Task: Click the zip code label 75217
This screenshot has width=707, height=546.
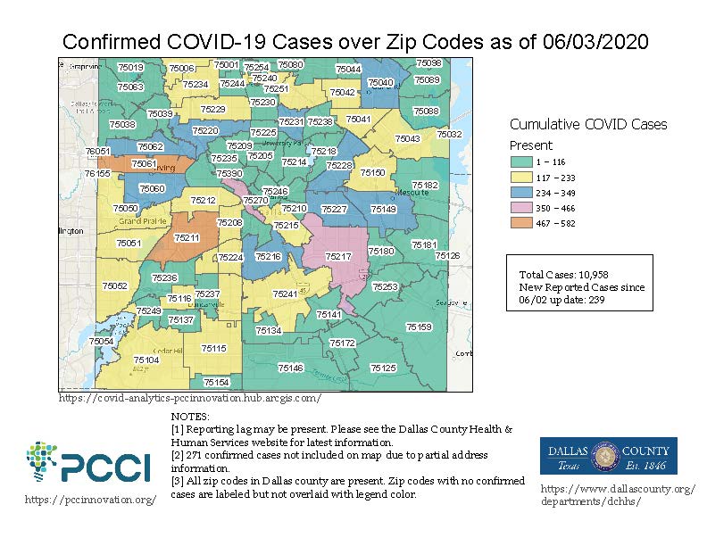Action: tap(338, 257)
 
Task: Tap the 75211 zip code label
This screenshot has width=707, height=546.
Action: tap(187, 238)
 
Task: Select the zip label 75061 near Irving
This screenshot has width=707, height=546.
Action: tap(144, 164)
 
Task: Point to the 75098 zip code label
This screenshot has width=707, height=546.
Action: tap(429, 63)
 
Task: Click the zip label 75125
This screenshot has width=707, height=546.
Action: tap(383, 368)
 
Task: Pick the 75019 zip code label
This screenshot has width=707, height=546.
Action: tap(130, 68)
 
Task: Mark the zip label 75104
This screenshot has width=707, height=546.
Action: tap(146, 360)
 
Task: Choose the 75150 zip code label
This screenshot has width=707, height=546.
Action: tap(372, 172)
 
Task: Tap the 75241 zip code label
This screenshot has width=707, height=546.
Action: tap(286, 294)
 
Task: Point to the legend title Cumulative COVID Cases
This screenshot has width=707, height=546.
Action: tap(588, 125)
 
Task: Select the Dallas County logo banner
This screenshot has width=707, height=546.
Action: tap(610, 455)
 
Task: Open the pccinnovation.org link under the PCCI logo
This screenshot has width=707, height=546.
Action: tap(90, 500)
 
